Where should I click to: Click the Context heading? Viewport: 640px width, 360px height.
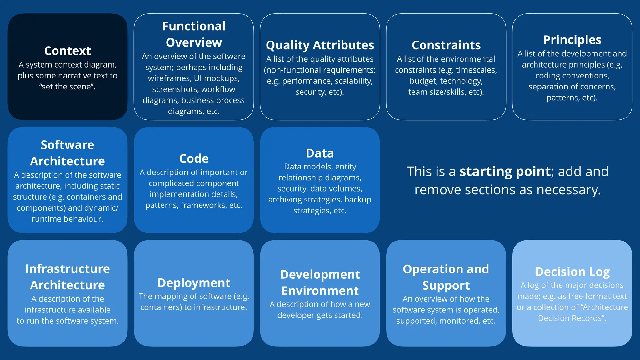coord(67,51)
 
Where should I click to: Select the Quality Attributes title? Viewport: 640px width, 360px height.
coord(320,45)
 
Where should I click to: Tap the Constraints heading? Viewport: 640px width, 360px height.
coord(446,45)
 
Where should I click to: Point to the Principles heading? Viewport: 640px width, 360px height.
coord(572,40)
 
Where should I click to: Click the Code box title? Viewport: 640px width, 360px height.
coord(194,158)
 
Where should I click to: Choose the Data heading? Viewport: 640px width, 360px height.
coord(320,153)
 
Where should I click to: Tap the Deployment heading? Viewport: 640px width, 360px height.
coord(194,283)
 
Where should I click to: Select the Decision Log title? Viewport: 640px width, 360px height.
coord(572,272)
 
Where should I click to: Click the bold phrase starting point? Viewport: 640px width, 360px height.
coord(505,171)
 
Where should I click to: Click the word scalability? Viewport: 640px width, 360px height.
coord(354,81)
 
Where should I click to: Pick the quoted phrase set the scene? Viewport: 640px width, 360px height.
coord(67,87)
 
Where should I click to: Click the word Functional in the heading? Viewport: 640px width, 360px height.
coord(194,26)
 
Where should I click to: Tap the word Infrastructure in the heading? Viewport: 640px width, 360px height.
coord(67,269)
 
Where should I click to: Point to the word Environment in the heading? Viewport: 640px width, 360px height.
coord(320,291)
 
